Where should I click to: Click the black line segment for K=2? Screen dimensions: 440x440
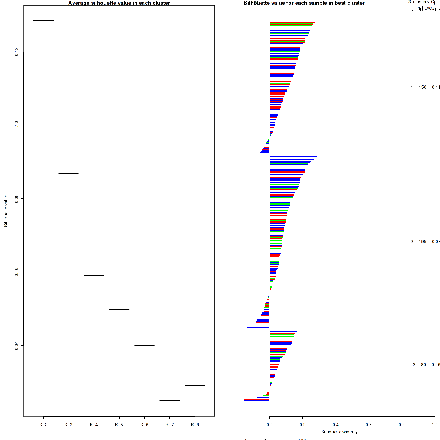pyautogui.click(x=43, y=20)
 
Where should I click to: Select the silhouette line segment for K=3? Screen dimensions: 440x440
pyautogui.click(x=69, y=173)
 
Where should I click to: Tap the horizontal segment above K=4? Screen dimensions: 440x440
pyautogui.click(x=94, y=275)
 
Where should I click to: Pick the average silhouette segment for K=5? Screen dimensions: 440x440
pyautogui.click(x=119, y=309)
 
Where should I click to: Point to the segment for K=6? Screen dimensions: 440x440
pyautogui.click(x=144, y=345)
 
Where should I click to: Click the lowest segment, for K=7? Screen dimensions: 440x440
pyautogui.click(x=170, y=401)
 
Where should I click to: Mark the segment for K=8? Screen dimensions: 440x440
pyautogui.click(x=195, y=385)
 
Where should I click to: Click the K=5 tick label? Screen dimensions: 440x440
pyautogui.click(x=119, y=425)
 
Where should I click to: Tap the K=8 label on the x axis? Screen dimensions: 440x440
pyautogui.click(x=195, y=425)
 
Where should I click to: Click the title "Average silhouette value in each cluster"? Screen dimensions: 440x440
pyautogui.click(x=119, y=3)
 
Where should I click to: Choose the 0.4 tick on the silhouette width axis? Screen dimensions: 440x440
pyautogui.click(x=335, y=425)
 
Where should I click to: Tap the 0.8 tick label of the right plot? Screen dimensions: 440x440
pyautogui.click(x=401, y=425)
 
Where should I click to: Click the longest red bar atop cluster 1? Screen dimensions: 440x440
pyautogui.click(x=298, y=21)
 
